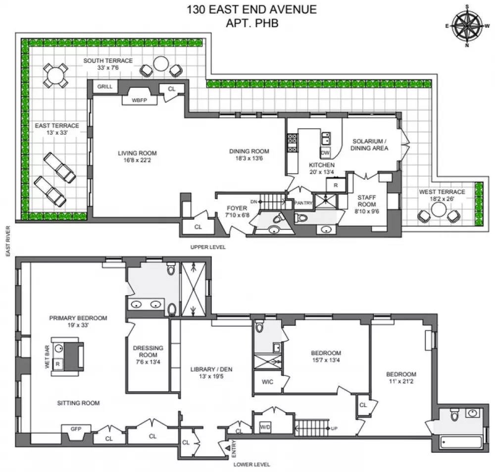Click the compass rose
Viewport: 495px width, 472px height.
pos(467,26)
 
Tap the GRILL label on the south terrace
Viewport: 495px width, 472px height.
pos(105,87)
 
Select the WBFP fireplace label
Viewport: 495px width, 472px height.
pos(139,101)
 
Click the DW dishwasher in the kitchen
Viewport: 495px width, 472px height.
pos(325,153)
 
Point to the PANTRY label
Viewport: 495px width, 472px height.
pos(303,203)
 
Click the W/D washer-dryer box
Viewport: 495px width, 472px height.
pos(265,427)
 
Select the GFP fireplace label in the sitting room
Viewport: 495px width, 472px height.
pos(76,429)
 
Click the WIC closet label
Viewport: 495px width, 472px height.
pos(267,382)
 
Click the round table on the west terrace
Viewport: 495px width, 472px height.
pos(439,210)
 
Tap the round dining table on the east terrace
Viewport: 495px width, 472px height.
pos(55,76)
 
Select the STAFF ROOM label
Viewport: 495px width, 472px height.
pos(366,201)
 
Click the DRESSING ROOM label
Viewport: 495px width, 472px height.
pos(148,351)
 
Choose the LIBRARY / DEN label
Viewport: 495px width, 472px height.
pos(211,369)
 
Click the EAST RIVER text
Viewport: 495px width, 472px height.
pos(8,241)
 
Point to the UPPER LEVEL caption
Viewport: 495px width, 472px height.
pos(208,247)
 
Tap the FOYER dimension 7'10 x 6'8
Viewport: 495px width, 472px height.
pos(237,215)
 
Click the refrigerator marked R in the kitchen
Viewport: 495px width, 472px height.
pos(336,185)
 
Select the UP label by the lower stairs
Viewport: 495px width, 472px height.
pos(334,428)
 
